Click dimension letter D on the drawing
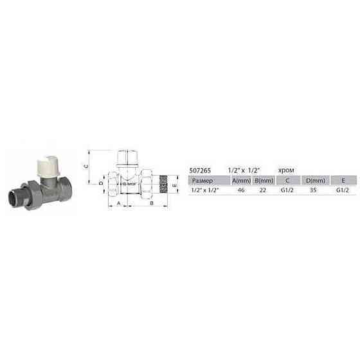[x=101, y=183]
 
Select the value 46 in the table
[x=241, y=191]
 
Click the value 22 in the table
[x=264, y=191]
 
